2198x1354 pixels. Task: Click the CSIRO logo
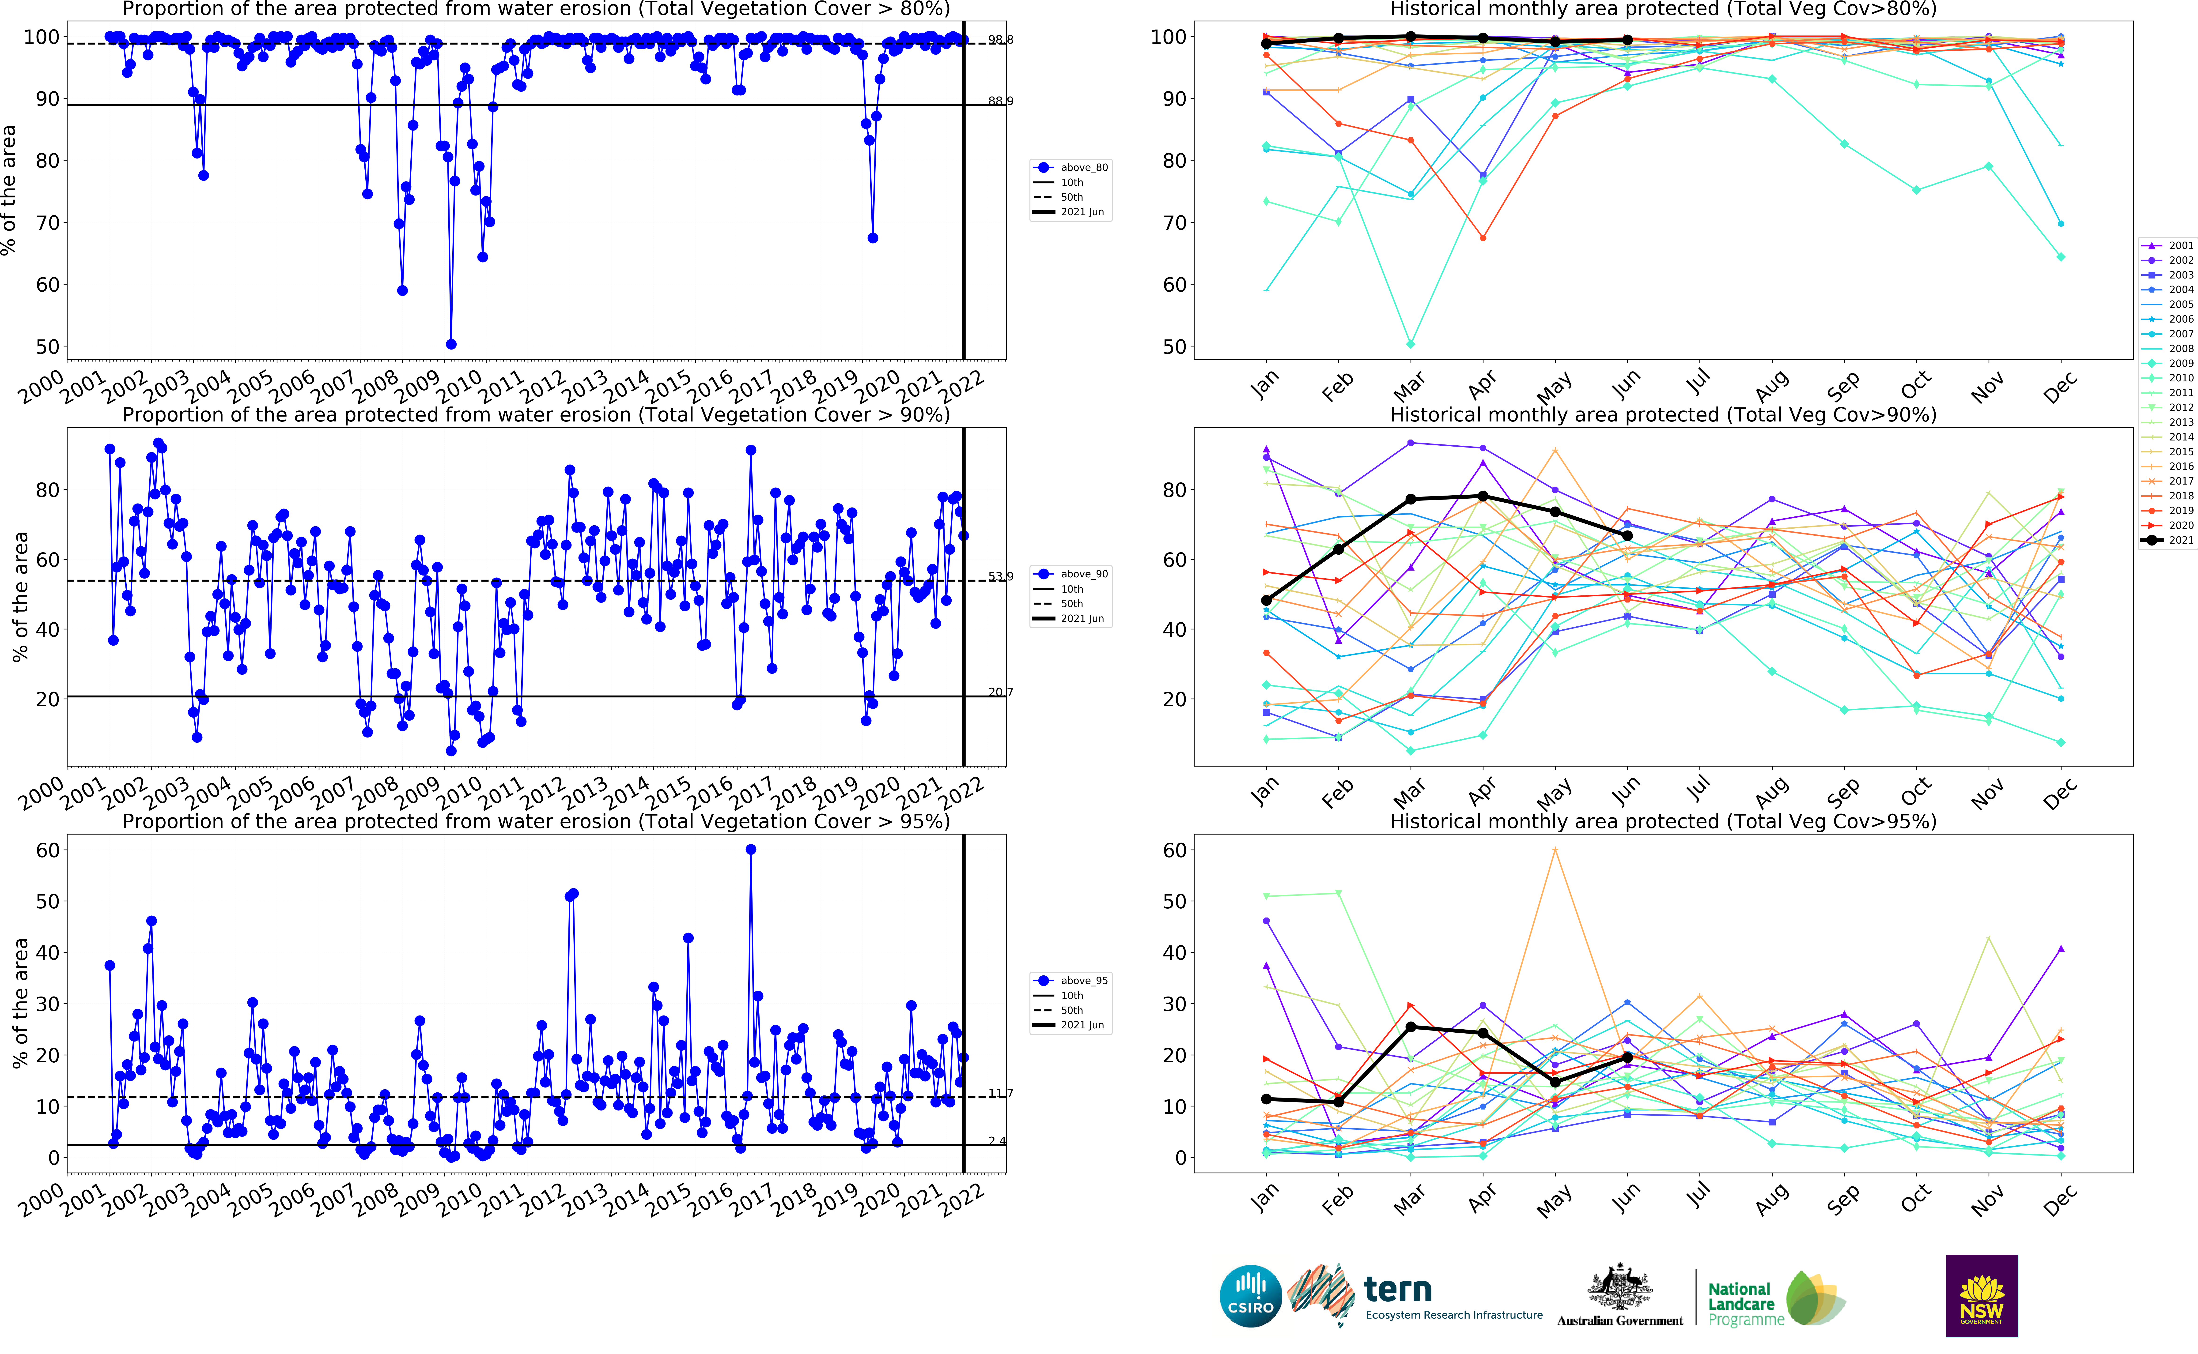(1250, 1296)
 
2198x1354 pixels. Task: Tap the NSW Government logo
(1981, 1296)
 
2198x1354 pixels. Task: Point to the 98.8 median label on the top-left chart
(1000, 40)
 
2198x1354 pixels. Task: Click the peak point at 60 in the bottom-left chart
(751, 850)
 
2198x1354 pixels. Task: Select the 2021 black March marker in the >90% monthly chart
(1411, 499)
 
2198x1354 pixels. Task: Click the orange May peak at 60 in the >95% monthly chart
(1555, 850)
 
